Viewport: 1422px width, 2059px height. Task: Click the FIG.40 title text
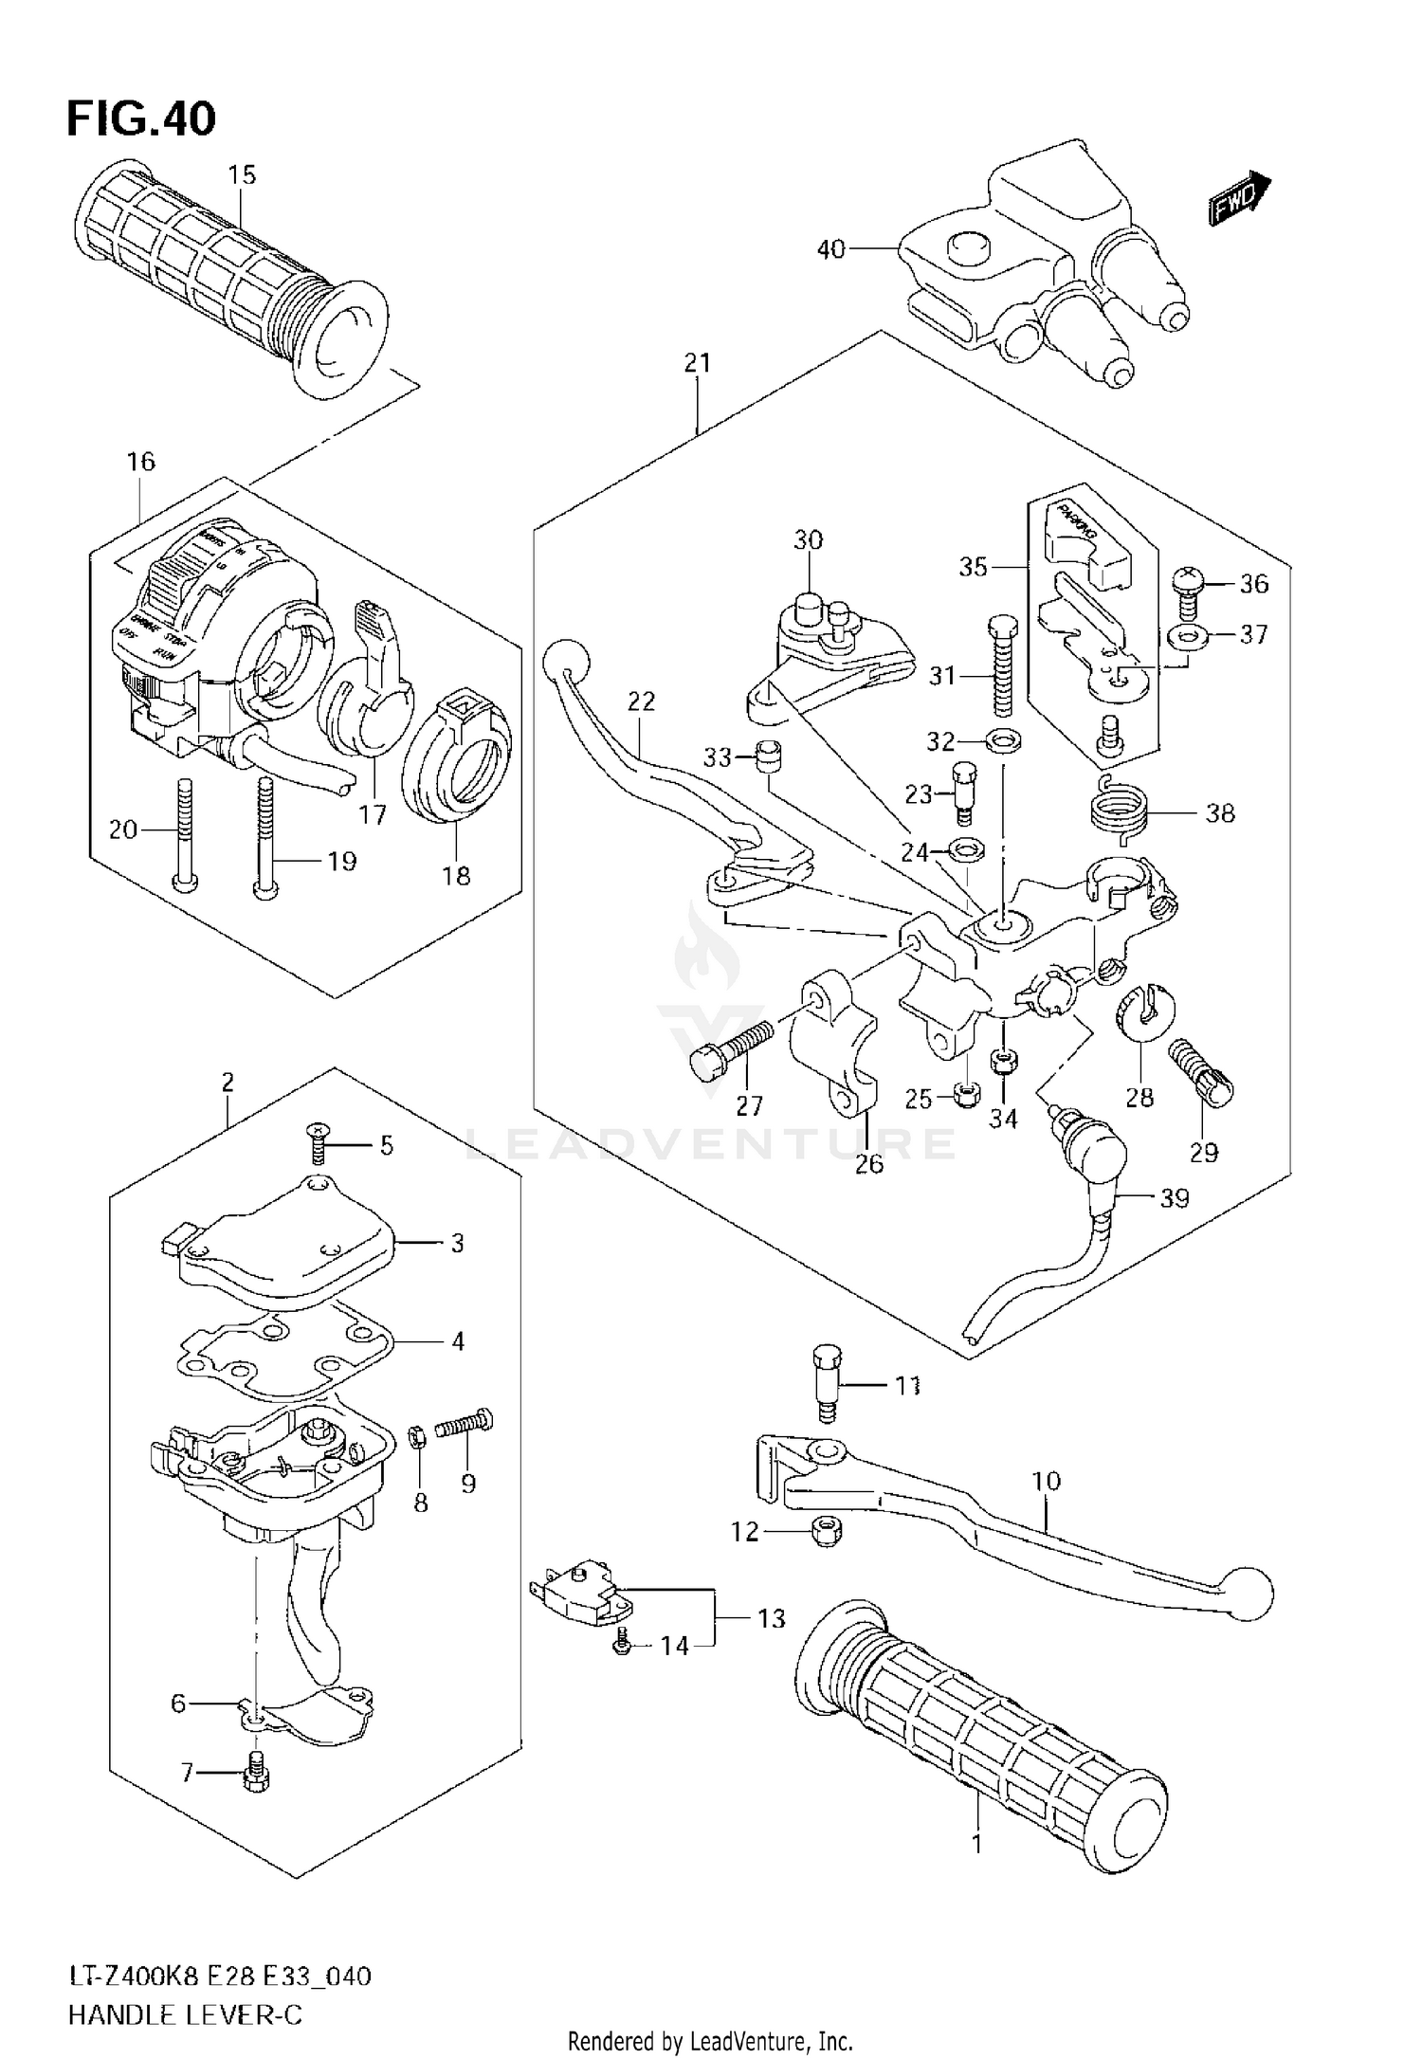(x=141, y=119)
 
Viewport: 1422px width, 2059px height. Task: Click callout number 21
(x=697, y=363)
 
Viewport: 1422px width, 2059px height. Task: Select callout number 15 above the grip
(x=242, y=174)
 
